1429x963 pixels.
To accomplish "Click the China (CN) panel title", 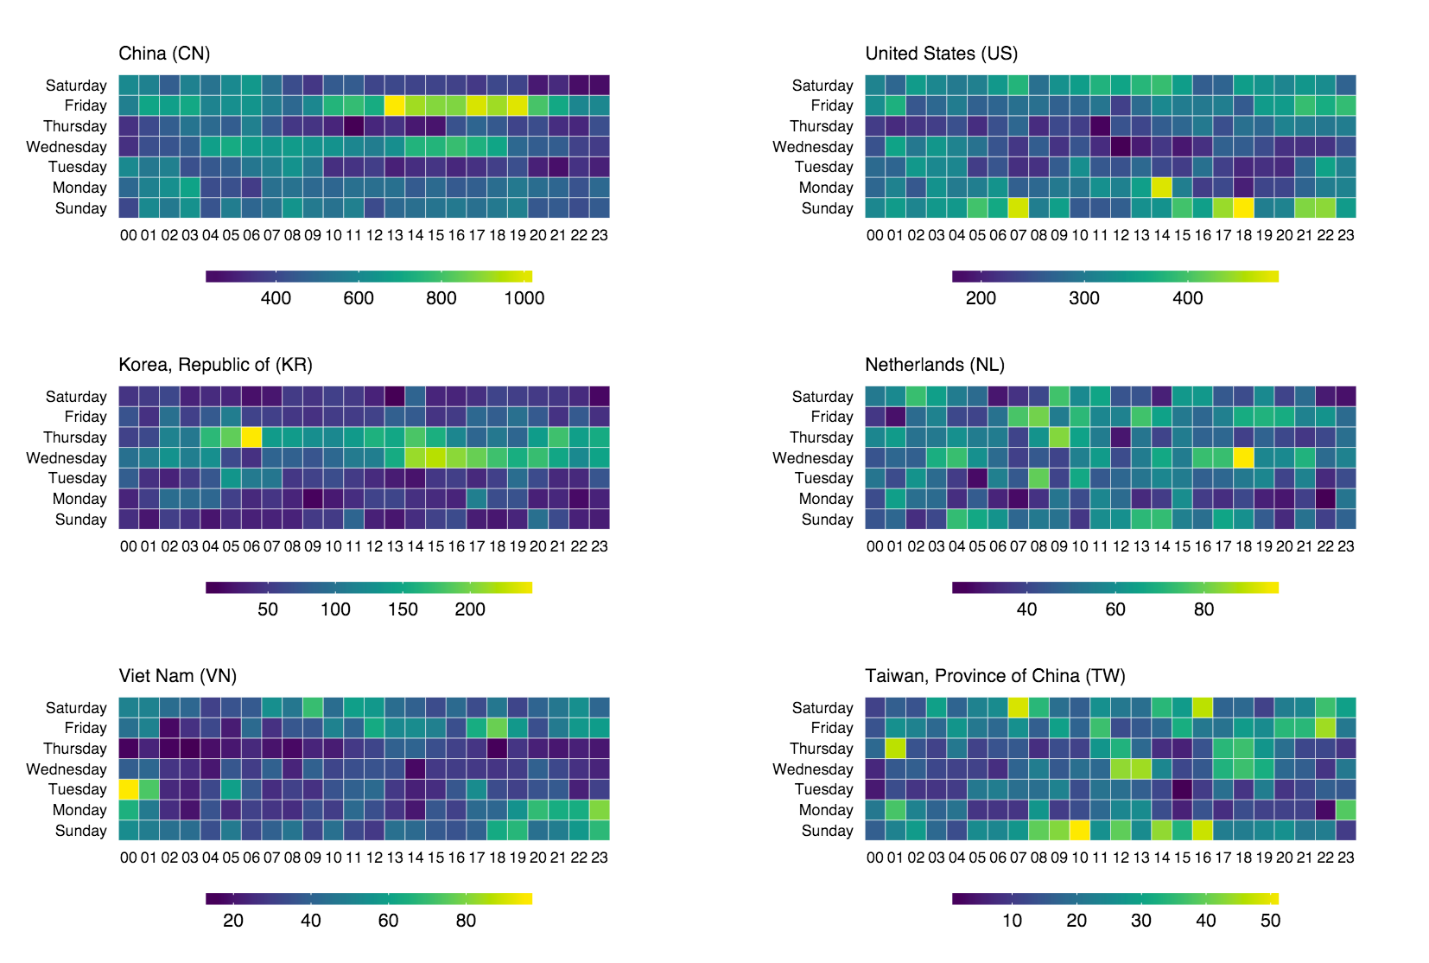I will [x=164, y=54].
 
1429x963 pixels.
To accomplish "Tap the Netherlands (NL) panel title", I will [x=935, y=365].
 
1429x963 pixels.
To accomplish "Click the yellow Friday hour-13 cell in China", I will [x=395, y=105].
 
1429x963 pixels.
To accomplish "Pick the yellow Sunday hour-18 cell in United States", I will [x=1243, y=208].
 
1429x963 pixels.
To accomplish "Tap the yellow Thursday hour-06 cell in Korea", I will [x=251, y=437].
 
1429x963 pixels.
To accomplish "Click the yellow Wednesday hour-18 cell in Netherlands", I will [x=1243, y=458].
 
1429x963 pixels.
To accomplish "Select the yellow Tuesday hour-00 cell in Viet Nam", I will [x=129, y=789].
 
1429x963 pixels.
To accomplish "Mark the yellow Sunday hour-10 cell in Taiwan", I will [x=1080, y=831].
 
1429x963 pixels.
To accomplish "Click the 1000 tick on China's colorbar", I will [x=524, y=297].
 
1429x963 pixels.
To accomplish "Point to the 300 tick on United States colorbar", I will [x=1084, y=297].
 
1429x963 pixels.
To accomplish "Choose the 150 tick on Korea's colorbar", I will [x=403, y=609].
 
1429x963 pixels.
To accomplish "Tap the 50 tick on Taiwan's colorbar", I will [x=1270, y=920].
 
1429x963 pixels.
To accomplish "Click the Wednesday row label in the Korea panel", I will [x=67, y=458].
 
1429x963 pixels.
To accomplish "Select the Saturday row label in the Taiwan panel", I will [x=822, y=708].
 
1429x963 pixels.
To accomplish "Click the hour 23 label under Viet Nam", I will [x=599, y=858].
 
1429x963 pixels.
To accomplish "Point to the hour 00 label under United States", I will [x=875, y=235].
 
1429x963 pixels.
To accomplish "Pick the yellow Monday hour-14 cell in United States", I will [x=1161, y=188].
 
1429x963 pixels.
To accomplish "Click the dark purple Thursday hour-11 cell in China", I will [x=354, y=126].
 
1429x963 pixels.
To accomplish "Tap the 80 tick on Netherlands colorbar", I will [x=1204, y=609].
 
